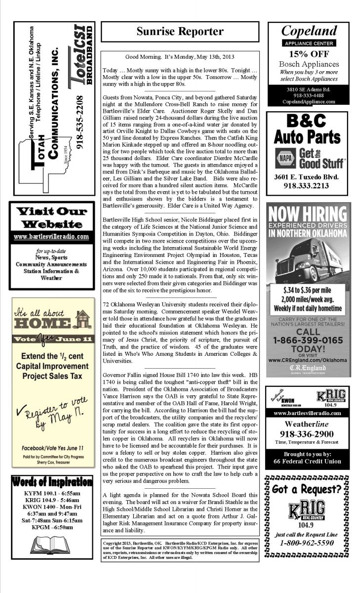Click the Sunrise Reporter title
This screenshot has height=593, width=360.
coord(180,32)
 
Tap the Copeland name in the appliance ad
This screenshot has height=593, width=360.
coord(309,31)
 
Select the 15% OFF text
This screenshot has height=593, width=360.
coord(309,54)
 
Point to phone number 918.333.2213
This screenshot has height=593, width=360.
coord(308,186)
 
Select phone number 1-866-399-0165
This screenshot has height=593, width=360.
coord(308,340)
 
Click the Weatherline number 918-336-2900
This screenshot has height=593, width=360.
coord(308,434)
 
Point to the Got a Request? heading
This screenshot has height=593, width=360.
coord(307,489)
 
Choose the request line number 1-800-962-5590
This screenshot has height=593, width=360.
coord(307,543)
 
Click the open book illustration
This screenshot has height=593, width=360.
coord(51,545)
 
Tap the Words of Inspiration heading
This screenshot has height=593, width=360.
coord(52,482)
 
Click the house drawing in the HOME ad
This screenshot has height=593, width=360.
coord(82,319)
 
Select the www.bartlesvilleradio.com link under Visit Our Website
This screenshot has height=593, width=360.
coord(51,237)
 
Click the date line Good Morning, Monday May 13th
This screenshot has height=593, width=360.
coord(180,57)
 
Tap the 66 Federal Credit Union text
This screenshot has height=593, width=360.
coord(307,461)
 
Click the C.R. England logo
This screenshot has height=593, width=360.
coord(308,368)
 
